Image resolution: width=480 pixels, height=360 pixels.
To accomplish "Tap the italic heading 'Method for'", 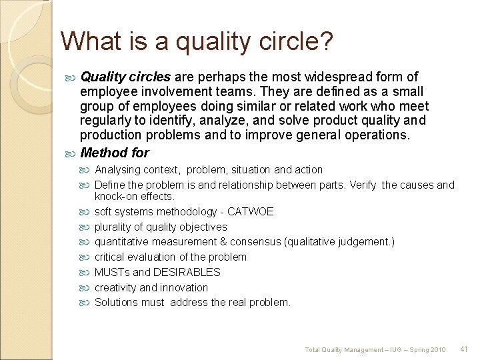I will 115,153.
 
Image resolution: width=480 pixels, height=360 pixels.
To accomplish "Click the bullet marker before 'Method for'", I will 73,153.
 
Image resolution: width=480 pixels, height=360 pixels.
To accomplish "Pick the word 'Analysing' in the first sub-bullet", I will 117,170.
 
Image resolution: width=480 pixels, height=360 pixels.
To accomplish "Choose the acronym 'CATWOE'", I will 250,212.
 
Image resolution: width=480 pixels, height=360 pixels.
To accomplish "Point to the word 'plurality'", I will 113,227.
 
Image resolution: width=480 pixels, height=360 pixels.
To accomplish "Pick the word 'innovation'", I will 183,288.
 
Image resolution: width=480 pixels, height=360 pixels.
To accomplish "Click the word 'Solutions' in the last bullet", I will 116,303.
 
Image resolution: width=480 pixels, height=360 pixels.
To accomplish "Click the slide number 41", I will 465,349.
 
